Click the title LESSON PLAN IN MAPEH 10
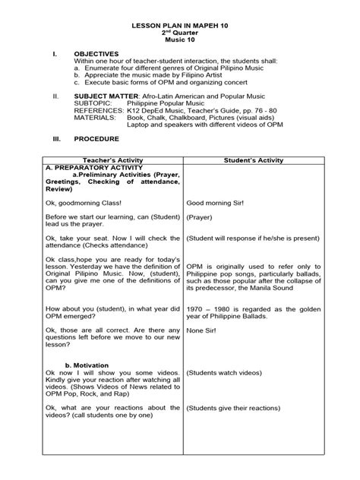[x=179, y=26]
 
